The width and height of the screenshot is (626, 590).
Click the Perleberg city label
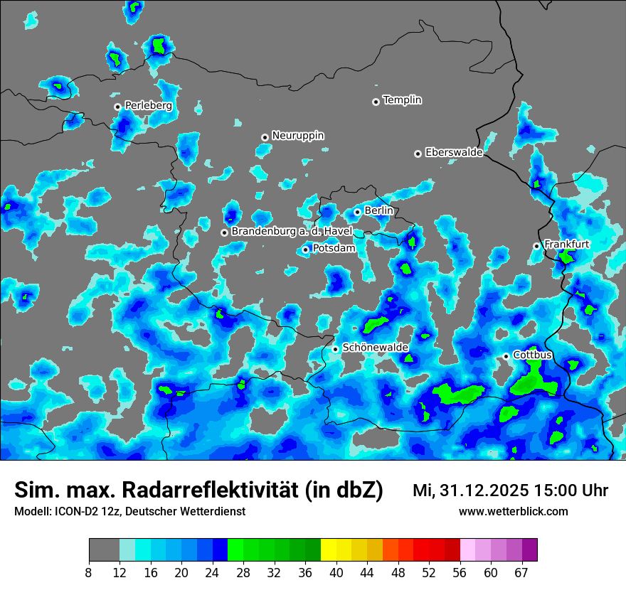click(x=148, y=106)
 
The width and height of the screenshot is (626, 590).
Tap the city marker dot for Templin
click(x=376, y=102)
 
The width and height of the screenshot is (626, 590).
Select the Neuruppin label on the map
click(x=297, y=135)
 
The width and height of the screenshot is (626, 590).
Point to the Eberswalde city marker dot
click(x=418, y=154)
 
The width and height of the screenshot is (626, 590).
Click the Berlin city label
click(x=378, y=210)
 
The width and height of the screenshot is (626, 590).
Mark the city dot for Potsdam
click(x=306, y=250)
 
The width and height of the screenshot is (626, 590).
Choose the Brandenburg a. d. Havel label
click(x=292, y=232)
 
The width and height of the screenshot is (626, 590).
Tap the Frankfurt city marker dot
click(x=537, y=246)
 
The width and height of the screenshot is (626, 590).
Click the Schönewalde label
click(x=375, y=348)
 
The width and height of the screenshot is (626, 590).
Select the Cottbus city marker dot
click(x=506, y=356)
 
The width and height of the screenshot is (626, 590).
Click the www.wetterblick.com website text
click(x=513, y=511)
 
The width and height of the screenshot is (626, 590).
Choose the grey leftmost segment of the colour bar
click(x=104, y=550)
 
